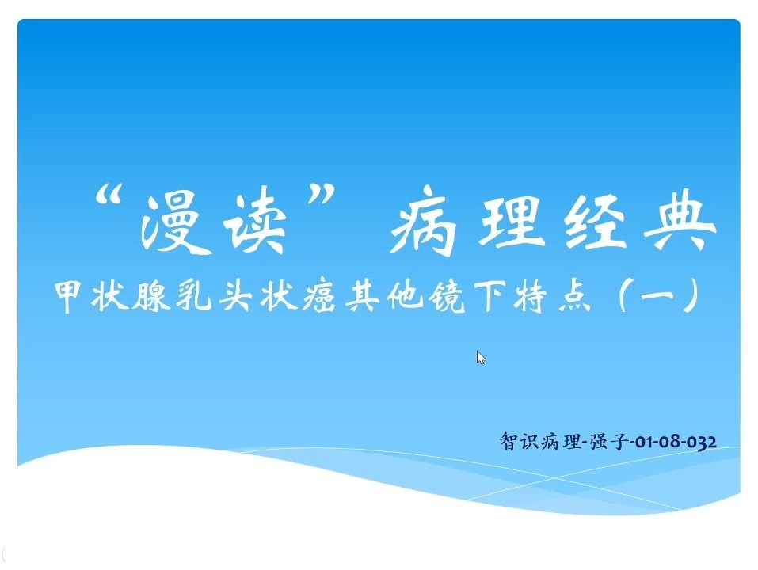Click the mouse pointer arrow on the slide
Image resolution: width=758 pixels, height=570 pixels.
(x=481, y=358)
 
